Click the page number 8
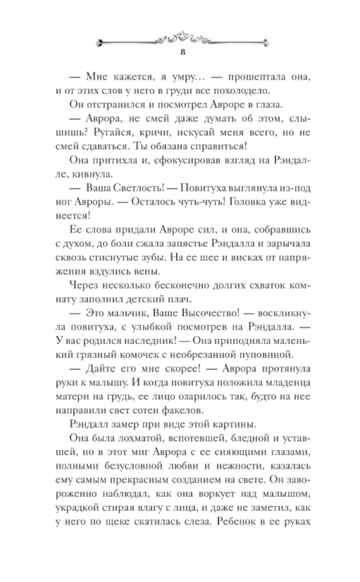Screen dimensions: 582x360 click(x=183, y=52)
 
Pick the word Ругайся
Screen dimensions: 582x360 click(x=111, y=132)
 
